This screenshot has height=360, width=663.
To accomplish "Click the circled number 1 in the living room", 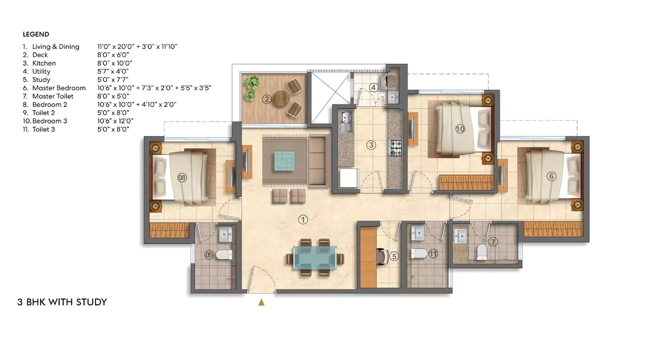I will pos(303,220).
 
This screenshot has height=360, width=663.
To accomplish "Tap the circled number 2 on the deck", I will pos(267,100).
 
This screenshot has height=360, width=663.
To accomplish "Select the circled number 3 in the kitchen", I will pos(371,145).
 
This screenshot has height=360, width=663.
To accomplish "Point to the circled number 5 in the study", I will pos(394,255).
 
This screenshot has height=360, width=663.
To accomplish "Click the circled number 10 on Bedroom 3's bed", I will pos(460,129).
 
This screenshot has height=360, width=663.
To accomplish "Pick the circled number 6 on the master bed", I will pos(551,176).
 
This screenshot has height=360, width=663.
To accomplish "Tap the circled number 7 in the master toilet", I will pos(493,241).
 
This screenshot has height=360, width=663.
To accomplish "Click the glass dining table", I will pos(314,258).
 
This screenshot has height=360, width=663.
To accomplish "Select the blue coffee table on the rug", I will pos(284,159).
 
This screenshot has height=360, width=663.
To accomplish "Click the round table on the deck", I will pos(281,98).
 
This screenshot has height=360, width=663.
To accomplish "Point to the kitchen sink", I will pos(346,120).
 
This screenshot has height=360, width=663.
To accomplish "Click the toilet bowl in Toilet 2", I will pos(224,254).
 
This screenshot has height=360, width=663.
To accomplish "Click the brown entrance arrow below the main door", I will pos(261,302).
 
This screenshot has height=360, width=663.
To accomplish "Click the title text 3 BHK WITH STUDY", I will pos(62,302).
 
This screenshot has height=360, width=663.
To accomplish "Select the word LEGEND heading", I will pos(36,35).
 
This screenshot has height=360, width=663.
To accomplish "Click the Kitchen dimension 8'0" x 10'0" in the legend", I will pos(115,63).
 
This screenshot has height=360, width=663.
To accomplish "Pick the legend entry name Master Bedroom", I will pos(59,88).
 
